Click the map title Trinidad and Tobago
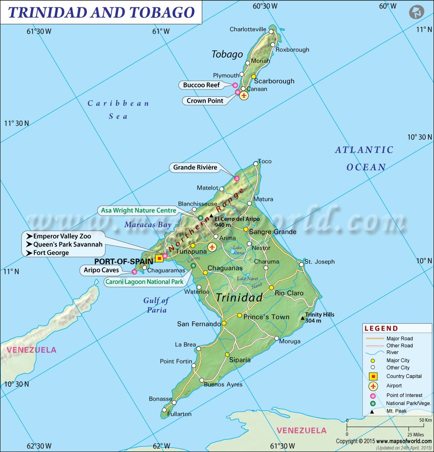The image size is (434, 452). pos(101,12)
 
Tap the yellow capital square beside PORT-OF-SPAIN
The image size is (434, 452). pos(159,259)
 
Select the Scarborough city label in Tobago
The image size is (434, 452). pos(274,81)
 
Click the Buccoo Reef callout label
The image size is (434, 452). pos(201,85)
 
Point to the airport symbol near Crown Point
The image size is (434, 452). pos(244,95)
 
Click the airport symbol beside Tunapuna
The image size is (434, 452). pos(212,247)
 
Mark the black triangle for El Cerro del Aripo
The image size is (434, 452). pos(211,216)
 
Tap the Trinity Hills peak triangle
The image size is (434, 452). pos(303,318)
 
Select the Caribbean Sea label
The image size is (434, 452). pos(118,109)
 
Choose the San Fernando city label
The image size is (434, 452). pos(199,324)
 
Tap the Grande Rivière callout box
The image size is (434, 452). pos(195,167)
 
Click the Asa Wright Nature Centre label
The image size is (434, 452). pos(138,210)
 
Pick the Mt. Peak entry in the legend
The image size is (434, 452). pos(396,411)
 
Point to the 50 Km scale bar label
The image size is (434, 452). pos(425,420)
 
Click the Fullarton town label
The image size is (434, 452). pos(179,414)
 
